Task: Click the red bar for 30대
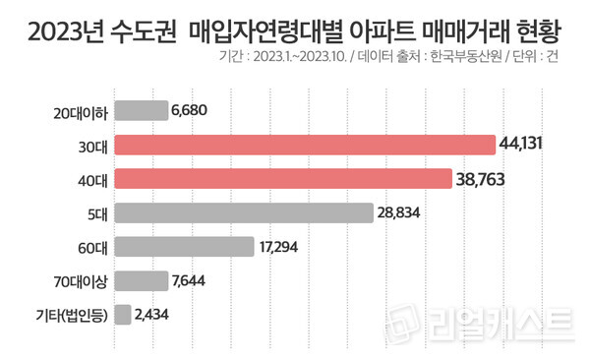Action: (305, 146)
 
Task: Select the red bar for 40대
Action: (277, 179)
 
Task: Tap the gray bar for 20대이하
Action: (141, 111)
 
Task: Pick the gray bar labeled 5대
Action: (244, 212)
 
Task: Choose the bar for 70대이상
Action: (141, 281)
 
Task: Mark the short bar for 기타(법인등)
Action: (123, 315)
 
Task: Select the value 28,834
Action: (404, 213)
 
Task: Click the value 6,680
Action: (192, 111)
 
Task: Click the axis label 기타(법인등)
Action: (69, 315)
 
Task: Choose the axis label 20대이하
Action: (80, 111)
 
